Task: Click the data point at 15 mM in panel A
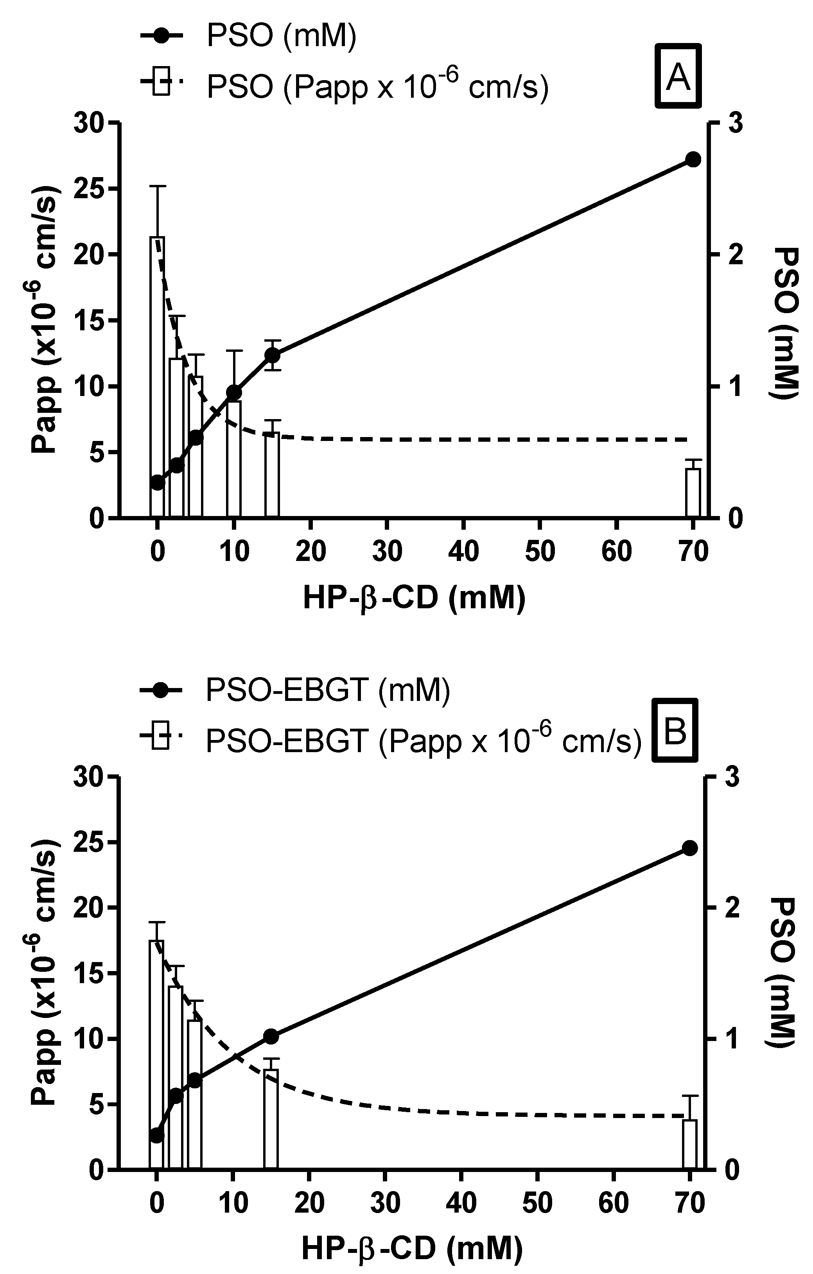[272, 355]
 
